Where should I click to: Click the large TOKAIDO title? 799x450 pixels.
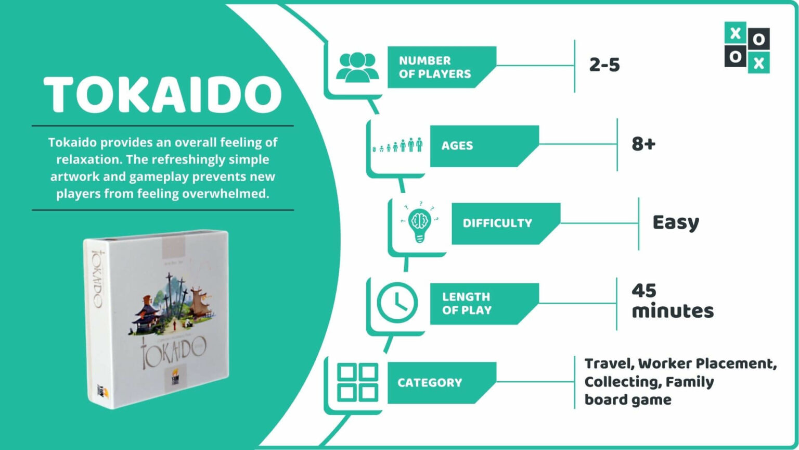[x=162, y=95]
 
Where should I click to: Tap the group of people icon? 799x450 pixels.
[x=357, y=68]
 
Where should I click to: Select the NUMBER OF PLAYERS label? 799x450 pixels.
[x=435, y=67]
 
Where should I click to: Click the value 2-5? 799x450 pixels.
[x=604, y=65]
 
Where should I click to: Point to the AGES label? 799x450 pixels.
[x=457, y=146]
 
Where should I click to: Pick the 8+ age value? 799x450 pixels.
[x=643, y=144]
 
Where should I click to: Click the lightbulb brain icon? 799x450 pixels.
[x=420, y=222]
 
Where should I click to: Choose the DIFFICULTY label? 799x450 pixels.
[x=497, y=223]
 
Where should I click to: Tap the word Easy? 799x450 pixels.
[x=676, y=222]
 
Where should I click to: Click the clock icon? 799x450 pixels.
[x=397, y=303]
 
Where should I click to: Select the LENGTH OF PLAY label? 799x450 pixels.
[x=467, y=303]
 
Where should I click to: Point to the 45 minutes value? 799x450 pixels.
[x=672, y=301]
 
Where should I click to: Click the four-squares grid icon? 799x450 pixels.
[x=358, y=382]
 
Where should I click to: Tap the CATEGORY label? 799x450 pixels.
[x=430, y=383]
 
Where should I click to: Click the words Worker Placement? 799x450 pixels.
[x=707, y=364]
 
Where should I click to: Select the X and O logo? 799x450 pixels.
[x=747, y=47]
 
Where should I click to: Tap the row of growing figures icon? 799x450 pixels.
[x=398, y=145]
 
